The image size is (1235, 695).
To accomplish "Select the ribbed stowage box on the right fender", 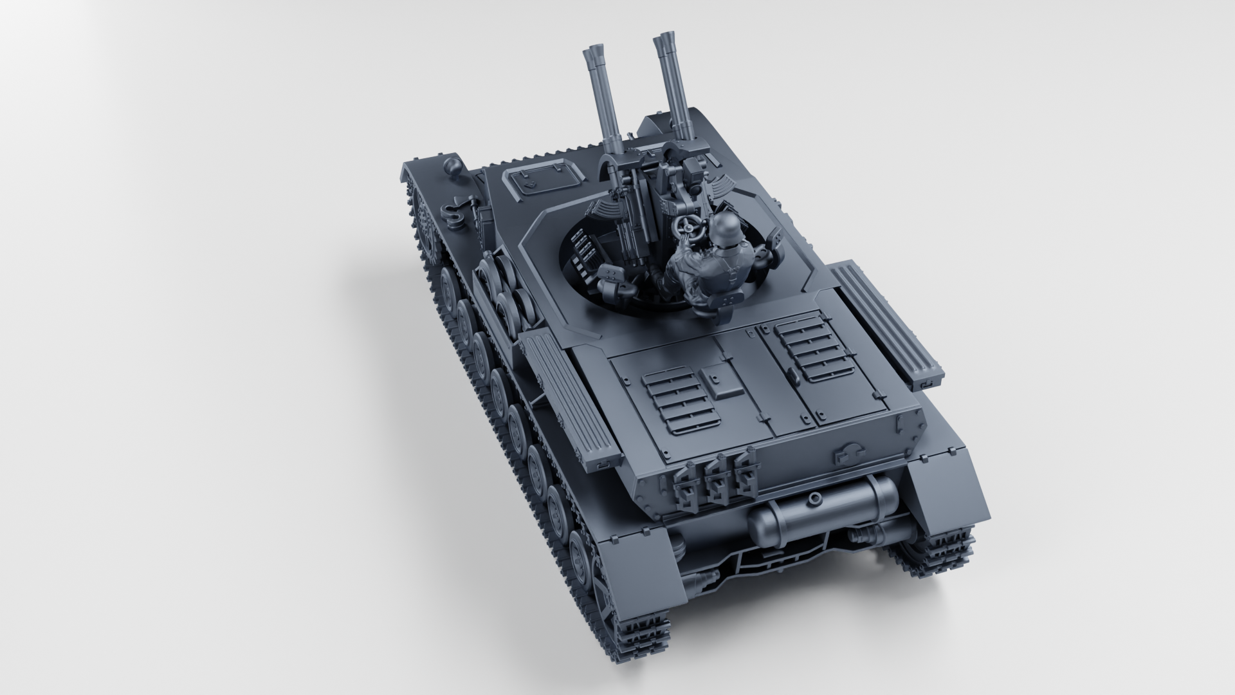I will [x=888, y=319].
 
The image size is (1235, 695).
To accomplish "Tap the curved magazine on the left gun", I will [x=603, y=209].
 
